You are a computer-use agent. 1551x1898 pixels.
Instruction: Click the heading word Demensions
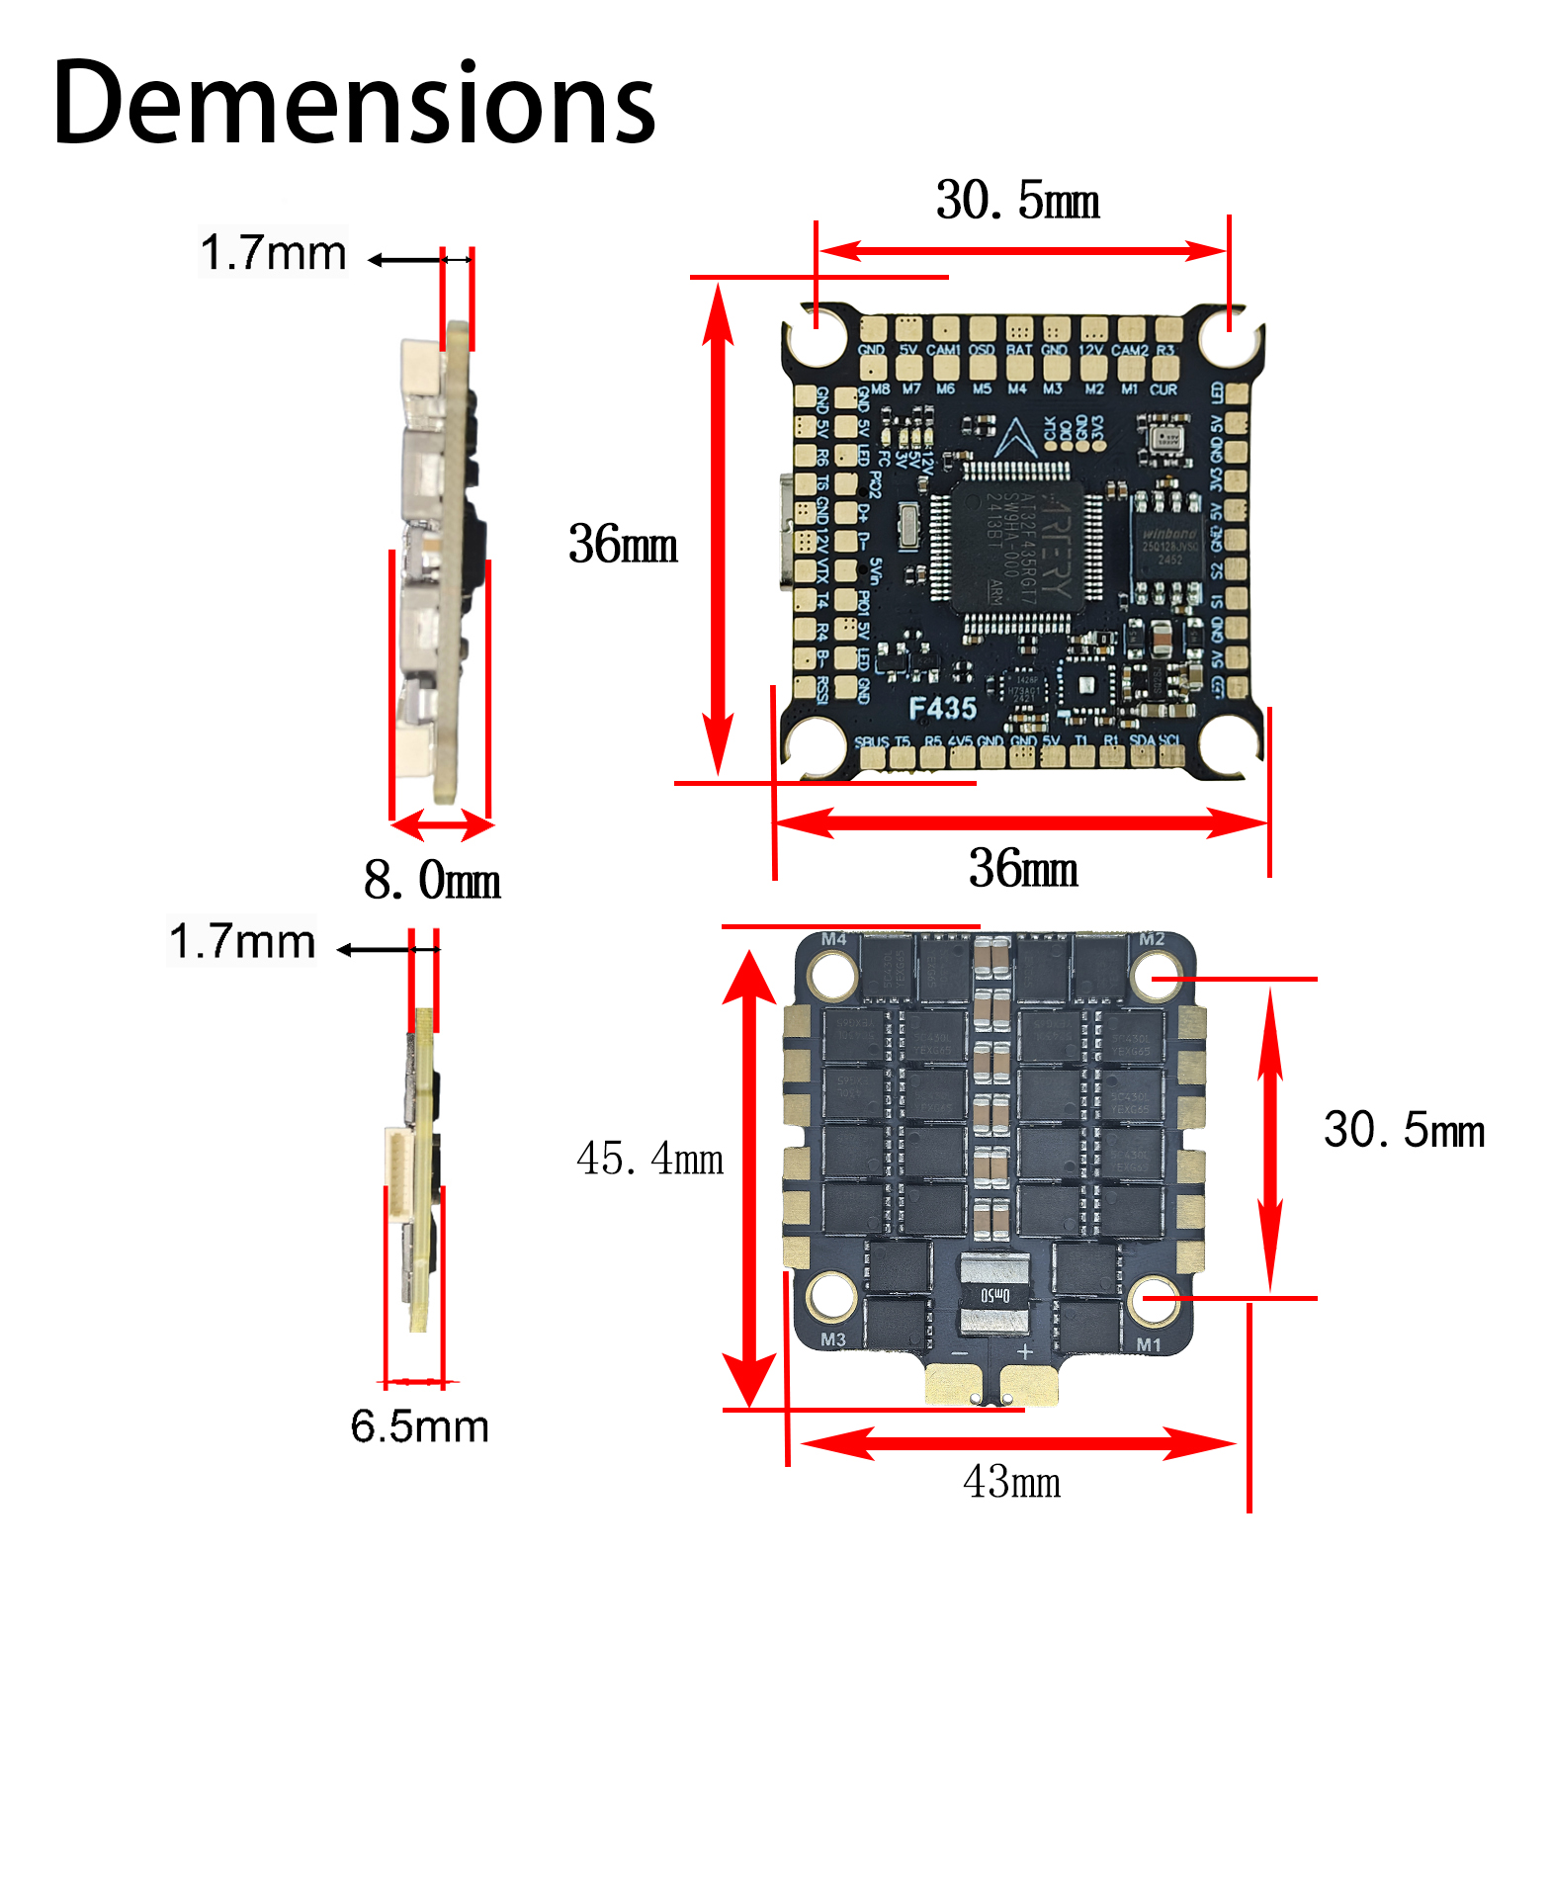[354, 103]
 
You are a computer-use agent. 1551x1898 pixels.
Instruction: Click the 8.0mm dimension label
[432, 879]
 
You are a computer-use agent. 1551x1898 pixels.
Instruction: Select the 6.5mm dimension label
[419, 1426]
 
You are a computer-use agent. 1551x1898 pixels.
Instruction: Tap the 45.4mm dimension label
[649, 1158]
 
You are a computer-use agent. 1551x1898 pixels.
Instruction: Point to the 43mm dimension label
[1011, 1482]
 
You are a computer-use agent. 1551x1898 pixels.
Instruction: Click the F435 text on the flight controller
[942, 708]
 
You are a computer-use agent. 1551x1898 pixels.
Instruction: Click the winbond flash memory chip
[1168, 545]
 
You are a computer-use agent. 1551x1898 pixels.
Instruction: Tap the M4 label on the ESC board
[833, 939]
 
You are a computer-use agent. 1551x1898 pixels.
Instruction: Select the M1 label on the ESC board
[1149, 1344]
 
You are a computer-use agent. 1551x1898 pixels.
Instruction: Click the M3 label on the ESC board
[833, 1340]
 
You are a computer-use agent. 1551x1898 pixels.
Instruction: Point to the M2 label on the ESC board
[1152, 939]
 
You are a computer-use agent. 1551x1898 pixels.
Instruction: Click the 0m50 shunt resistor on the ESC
[994, 1295]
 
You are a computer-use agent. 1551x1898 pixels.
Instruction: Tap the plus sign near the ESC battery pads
[1025, 1351]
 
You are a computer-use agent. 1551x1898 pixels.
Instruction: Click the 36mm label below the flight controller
[1023, 868]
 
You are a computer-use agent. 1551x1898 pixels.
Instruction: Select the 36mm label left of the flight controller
[623, 544]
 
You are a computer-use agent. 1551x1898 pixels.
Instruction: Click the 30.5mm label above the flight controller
[1017, 201]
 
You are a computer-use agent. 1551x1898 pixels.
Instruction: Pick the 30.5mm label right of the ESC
[1403, 1130]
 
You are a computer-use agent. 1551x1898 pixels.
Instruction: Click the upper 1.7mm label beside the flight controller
[273, 253]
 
